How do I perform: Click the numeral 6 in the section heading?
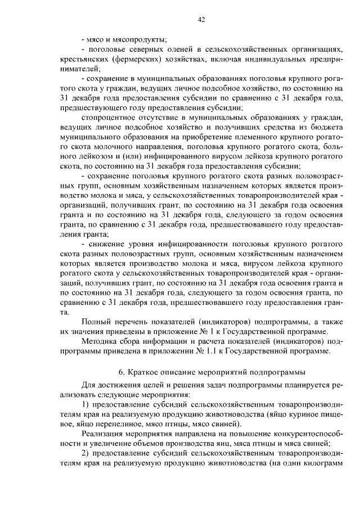(121, 372)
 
